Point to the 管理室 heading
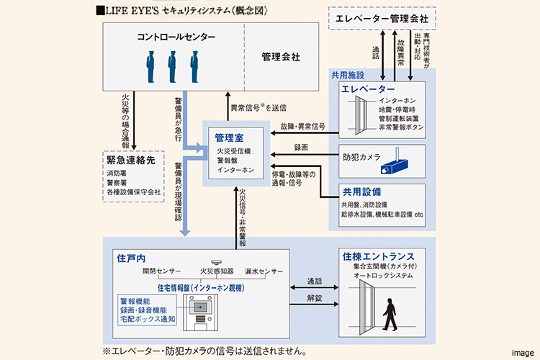pos(229,137)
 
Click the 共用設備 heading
pos(361,192)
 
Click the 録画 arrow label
pos(300,148)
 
